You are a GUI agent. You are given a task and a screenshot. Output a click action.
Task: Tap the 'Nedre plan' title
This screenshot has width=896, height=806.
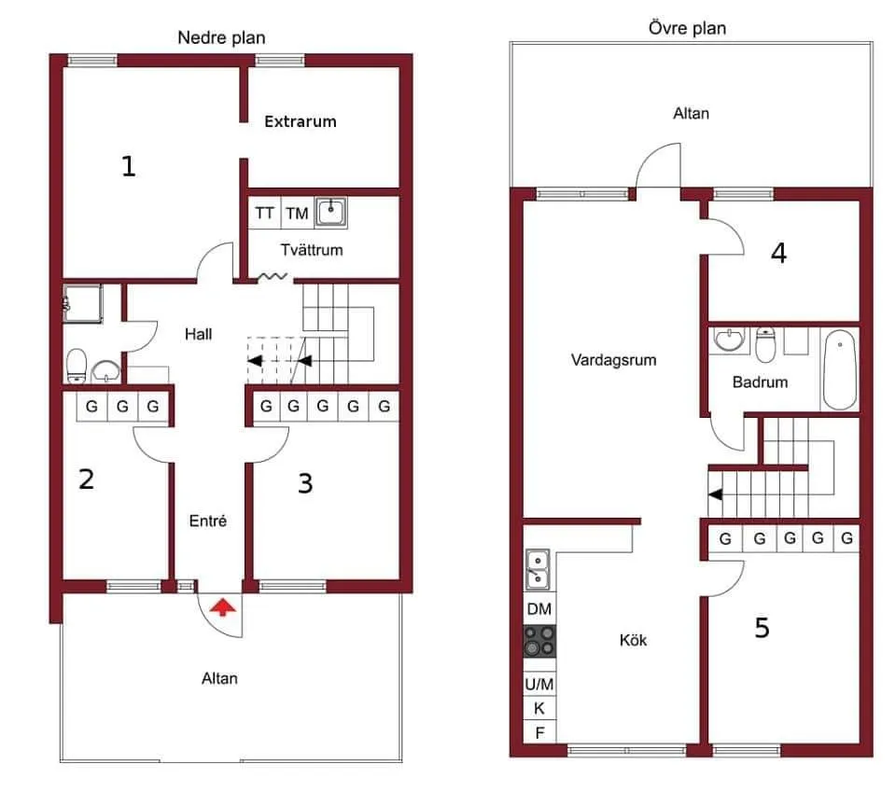pyautogui.click(x=221, y=38)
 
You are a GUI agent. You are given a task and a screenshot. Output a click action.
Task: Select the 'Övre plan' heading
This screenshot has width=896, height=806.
pyautogui.click(x=687, y=28)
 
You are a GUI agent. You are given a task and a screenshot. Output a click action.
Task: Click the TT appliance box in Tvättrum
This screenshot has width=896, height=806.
pyautogui.click(x=265, y=214)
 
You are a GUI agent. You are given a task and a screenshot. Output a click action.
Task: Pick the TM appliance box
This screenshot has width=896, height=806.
pyautogui.click(x=297, y=214)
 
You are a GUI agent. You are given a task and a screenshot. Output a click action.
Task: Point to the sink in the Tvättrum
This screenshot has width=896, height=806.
pyautogui.click(x=331, y=213)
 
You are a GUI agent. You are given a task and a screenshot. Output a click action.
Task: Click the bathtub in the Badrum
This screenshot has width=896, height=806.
pyautogui.click(x=839, y=368)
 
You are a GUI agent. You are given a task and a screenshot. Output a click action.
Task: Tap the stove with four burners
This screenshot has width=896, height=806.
pyautogui.click(x=539, y=642)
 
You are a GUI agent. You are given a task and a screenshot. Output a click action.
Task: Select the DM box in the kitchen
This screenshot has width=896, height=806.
pyautogui.click(x=539, y=609)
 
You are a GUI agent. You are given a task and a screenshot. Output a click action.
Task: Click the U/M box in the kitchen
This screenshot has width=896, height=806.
pyautogui.click(x=539, y=684)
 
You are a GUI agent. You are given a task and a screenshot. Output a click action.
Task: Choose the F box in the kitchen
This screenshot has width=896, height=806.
pyautogui.click(x=539, y=732)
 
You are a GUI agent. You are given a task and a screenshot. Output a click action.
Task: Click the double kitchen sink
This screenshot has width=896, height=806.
pyautogui.click(x=539, y=570)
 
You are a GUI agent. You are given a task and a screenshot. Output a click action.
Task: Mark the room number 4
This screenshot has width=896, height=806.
pyautogui.click(x=778, y=253)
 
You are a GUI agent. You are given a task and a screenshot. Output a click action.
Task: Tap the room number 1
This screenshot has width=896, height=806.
pyautogui.click(x=129, y=167)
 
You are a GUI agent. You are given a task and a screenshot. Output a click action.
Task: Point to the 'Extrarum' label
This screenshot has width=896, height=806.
pyautogui.click(x=300, y=121)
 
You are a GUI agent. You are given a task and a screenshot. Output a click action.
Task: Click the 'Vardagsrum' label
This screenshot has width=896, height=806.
pyautogui.click(x=613, y=359)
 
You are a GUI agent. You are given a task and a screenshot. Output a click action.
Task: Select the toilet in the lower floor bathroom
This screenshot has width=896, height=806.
pyautogui.click(x=77, y=364)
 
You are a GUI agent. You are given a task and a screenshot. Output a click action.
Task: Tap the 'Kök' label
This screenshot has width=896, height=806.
pyautogui.click(x=633, y=640)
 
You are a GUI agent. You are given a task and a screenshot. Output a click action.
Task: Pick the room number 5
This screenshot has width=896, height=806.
pyautogui.click(x=762, y=629)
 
